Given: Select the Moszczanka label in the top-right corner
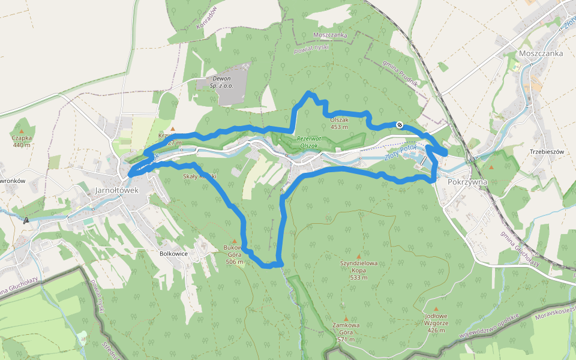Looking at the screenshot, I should coord(541,53).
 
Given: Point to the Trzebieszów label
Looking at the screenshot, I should coord(547,152).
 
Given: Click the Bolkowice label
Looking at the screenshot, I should coord(175,254).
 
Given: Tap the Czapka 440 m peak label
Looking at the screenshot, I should coord(22,141).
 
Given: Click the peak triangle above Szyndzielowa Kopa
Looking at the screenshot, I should coord(359,255).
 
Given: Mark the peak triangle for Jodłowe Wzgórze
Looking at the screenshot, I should coord(436,308).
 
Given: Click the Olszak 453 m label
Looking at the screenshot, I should coord(339,123).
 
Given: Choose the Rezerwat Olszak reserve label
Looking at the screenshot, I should coord(310,142).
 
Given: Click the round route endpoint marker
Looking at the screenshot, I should coord(400,125).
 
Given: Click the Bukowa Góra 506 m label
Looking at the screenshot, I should coord(234,254).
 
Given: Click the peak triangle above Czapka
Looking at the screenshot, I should coord(22,130).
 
